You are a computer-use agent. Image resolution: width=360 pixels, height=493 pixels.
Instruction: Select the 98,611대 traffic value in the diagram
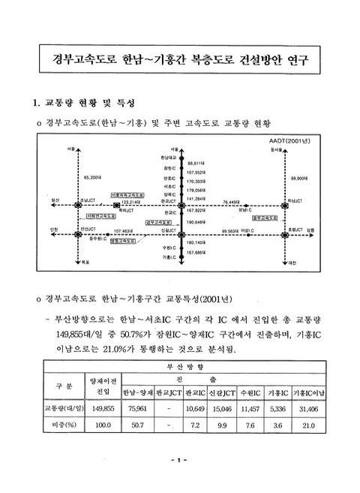pyautogui.click(x=197, y=163)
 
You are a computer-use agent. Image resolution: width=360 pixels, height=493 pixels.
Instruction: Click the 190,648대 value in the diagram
pyautogui.click(x=196, y=222)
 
